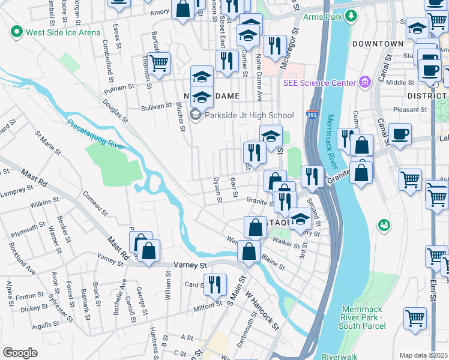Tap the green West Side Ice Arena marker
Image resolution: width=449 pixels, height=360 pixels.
click(16, 32)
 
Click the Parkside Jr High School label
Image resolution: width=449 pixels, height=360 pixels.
click(249, 115)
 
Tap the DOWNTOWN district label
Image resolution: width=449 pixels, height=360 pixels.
click(378, 44)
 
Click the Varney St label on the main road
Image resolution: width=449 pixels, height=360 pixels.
click(190, 264)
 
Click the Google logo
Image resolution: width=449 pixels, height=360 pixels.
click(20, 353)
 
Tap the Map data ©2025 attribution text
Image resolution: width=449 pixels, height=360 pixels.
click(423, 355)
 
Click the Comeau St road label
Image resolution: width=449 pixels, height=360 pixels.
click(95, 203)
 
